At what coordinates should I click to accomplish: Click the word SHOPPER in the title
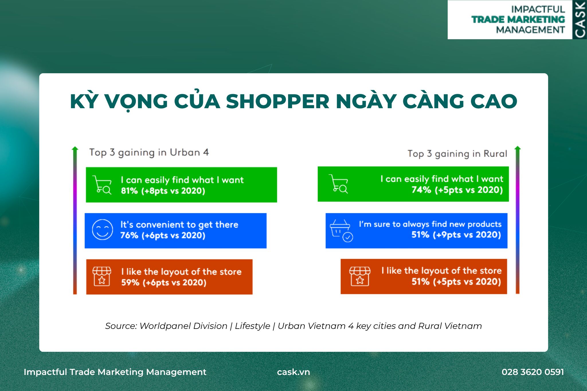pyautogui.click(x=277, y=101)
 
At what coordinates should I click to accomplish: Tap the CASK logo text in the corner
pyautogui.click(x=580, y=20)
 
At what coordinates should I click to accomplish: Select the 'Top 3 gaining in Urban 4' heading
pyautogui.click(x=149, y=153)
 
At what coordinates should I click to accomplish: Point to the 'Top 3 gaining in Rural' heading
pyautogui.click(x=457, y=154)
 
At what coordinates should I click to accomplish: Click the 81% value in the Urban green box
pyautogui.click(x=129, y=191)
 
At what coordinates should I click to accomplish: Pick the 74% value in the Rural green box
pyautogui.click(x=421, y=190)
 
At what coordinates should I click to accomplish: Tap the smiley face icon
pyautogui.click(x=102, y=230)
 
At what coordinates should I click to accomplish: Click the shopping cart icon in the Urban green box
pyautogui.click(x=102, y=185)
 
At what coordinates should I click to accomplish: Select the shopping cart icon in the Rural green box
pyautogui.click(x=338, y=184)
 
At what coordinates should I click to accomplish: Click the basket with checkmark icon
pyautogui.click(x=341, y=231)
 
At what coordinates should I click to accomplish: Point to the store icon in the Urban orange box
pyautogui.click(x=102, y=276)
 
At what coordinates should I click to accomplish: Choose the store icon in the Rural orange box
pyautogui.click(x=360, y=276)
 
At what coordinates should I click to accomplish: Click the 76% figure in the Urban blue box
pyautogui.click(x=129, y=235)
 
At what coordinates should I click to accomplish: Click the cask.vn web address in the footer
pyautogui.click(x=293, y=372)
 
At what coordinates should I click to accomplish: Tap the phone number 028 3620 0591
pyautogui.click(x=533, y=372)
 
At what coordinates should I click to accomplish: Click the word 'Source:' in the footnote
pyautogui.click(x=121, y=326)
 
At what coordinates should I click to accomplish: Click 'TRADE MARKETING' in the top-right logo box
pyautogui.click(x=518, y=19)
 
